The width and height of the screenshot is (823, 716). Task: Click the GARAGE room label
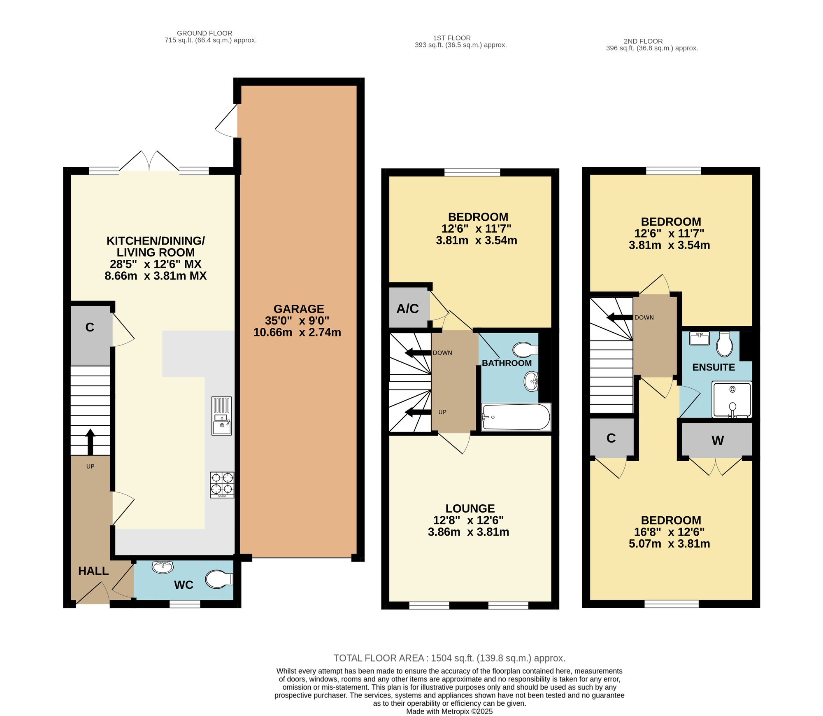tap(299, 309)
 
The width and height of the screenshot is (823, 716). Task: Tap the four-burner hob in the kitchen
tap(222, 485)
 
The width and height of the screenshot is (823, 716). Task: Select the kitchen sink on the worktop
tap(221, 416)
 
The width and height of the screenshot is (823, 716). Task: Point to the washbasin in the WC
tap(163, 567)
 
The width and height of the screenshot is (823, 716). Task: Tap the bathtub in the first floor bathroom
tap(516, 417)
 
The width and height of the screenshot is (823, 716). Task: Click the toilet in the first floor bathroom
tap(525, 350)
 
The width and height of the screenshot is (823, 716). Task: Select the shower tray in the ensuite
tap(732, 400)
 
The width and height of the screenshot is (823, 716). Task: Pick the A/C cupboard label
tap(407, 309)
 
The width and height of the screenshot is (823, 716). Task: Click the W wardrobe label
tap(718, 441)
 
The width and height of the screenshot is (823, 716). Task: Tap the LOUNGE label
tap(470, 508)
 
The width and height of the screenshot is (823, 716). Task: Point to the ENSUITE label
tap(714, 367)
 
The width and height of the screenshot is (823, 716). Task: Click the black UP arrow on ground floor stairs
tap(90, 442)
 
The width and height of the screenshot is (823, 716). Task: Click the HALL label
tap(93, 571)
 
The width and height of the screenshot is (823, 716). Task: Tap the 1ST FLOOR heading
tap(452, 38)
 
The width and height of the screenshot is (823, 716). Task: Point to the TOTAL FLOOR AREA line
tap(449, 658)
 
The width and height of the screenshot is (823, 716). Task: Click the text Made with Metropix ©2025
tap(449, 711)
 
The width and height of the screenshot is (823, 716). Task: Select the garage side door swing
tap(226, 120)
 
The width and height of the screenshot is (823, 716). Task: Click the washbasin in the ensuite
tap(700, 338)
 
